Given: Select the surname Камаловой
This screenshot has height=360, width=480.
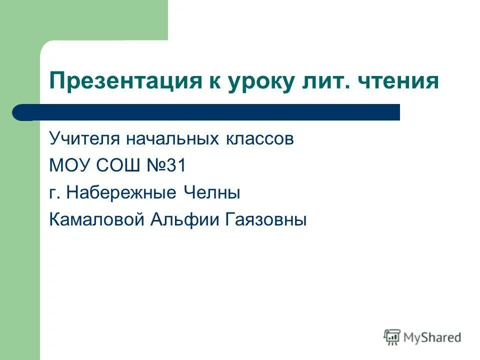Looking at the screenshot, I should click(97, 219).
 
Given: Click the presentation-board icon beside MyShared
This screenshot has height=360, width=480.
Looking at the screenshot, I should click(392, 337).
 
